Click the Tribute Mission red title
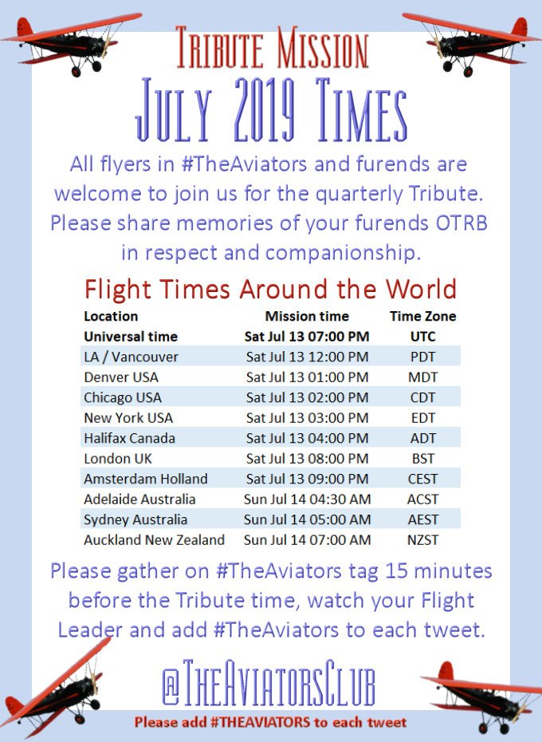click(272, 49)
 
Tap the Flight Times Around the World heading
click(271, 288)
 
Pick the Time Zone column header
click(422, 316)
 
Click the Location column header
click(111, 316)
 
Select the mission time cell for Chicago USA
click(307, 397)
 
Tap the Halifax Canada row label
click(129, 438)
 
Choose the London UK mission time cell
click(307, 459)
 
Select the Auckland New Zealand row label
click(154, 540)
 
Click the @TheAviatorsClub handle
click(269, 684)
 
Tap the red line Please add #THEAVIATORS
click(270, 723)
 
